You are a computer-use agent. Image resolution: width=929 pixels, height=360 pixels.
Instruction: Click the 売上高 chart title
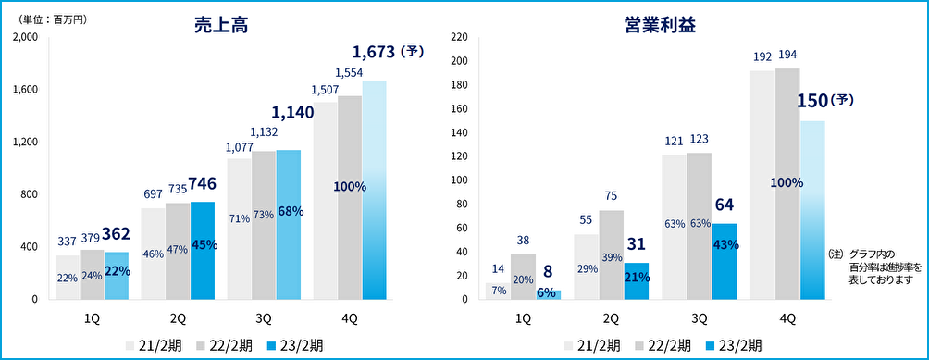[220, 26]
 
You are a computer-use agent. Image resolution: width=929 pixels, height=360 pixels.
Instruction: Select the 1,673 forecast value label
[377, 52]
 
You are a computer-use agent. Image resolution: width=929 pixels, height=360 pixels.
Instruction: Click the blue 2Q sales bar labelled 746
[203, 252]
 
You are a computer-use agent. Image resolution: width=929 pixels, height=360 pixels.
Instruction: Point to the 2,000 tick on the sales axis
[25, 37]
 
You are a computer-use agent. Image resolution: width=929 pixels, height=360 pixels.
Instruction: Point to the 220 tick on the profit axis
[457, 37]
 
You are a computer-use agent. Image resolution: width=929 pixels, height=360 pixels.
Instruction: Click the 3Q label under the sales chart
[264, 318]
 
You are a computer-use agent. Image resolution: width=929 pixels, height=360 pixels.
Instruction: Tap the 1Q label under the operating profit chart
[523, 318]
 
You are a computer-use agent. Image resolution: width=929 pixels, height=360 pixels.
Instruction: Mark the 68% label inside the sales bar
[290, 211]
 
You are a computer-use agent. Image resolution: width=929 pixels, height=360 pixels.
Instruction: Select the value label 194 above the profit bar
[787, 55]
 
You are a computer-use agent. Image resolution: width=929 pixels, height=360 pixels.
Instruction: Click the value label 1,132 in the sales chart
[264, 132]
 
